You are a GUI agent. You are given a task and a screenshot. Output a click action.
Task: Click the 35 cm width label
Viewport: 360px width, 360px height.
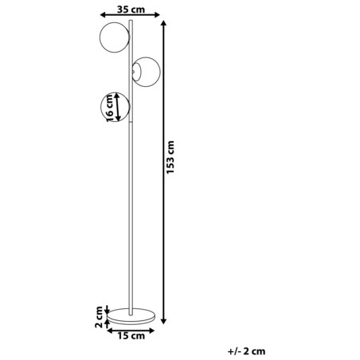pyautogui.click(x=131, y=10)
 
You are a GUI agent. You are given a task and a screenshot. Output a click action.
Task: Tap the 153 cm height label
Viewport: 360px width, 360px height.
pyautogui.click(x=170, y=158)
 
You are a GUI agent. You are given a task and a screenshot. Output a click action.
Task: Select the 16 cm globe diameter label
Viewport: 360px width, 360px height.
pyautogui.click(x=110, y=108)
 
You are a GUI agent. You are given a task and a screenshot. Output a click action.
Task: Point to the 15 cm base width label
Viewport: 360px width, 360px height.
pyautogui.click(x=131, y=336)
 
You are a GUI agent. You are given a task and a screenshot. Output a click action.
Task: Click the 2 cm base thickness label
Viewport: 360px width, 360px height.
pyautogui.click(x=99, y=317)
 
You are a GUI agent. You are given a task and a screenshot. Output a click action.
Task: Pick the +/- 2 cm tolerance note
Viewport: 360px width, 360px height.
pyautogui.click(x=246, y=351)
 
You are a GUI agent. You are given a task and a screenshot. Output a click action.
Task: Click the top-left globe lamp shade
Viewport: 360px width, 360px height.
pyautogui.click(x=115, y=37)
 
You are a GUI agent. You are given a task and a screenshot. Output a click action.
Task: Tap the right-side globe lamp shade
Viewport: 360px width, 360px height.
pyautogui.click(x=146, y=72)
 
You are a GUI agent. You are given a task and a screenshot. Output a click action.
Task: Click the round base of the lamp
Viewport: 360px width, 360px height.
pyautogui.click(x=131, y=316)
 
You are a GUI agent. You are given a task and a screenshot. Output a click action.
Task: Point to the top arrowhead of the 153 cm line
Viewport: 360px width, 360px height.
pyautogui.click(x=164, y=23)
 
